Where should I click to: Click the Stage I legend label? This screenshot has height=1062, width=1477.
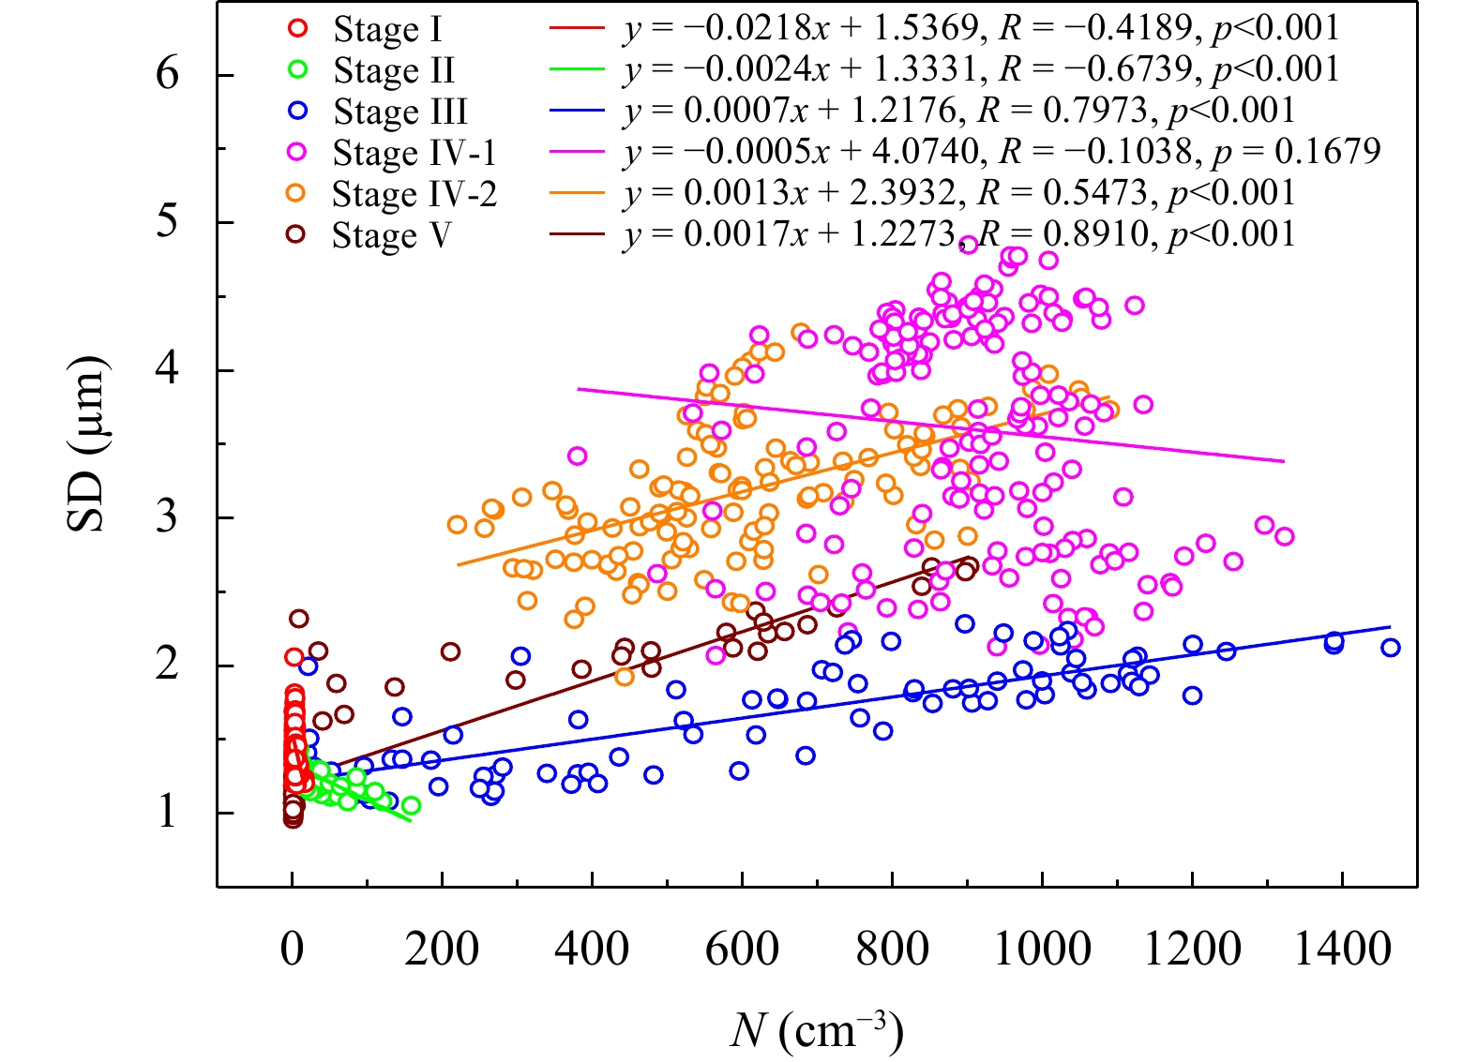(386, 30)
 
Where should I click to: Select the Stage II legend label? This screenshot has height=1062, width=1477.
(394, 71)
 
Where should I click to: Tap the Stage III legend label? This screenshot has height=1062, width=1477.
(400, 112)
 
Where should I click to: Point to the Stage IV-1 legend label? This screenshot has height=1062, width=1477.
(414, 153)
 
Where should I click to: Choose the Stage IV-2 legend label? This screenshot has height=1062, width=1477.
(414, 194)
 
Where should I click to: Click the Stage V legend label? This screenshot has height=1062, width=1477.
(391, 235)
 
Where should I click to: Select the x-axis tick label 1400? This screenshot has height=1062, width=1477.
(1342, 950)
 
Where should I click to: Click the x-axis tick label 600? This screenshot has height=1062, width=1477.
(742, 950)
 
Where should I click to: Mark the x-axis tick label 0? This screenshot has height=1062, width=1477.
(293, 950)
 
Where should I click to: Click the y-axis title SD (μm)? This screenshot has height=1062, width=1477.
(86, 444)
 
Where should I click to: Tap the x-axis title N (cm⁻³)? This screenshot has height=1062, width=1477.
(816, 1031)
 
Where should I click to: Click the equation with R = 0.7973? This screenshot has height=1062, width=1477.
(958, 111)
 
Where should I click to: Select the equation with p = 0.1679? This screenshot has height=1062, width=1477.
(1002, 152)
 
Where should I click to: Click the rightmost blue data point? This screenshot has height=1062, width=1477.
(1390, 648)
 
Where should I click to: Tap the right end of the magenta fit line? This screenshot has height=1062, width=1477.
(1283, 461)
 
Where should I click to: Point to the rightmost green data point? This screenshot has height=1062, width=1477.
(411, 806)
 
